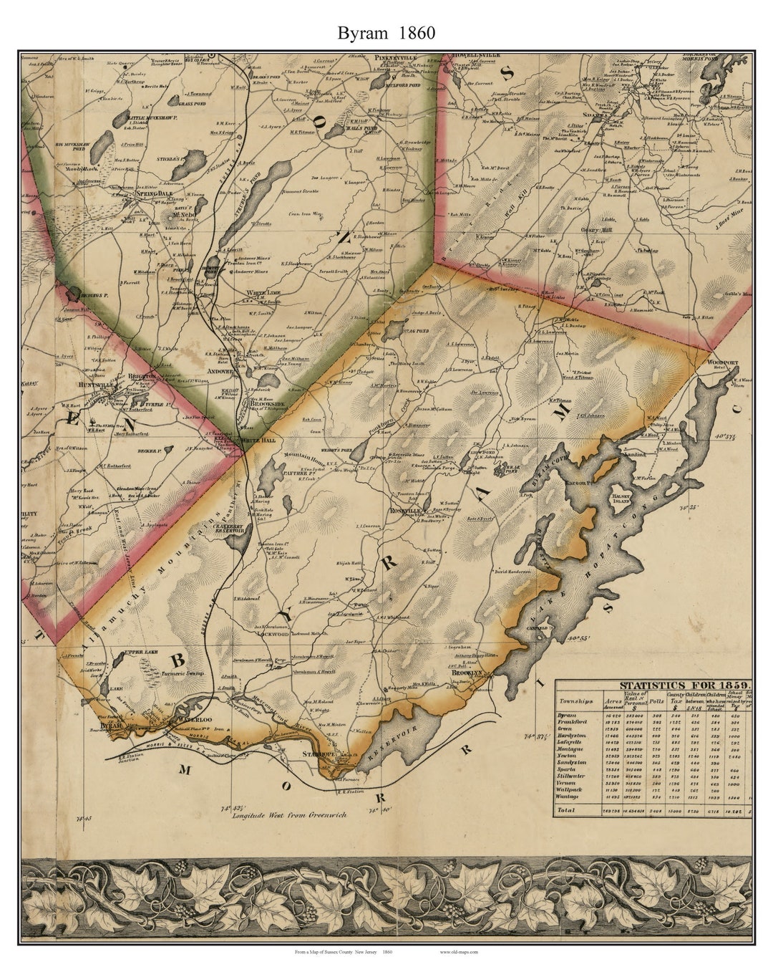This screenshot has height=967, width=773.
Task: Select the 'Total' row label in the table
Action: coord(568,810)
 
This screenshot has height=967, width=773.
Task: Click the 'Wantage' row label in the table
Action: coord(570,796)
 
